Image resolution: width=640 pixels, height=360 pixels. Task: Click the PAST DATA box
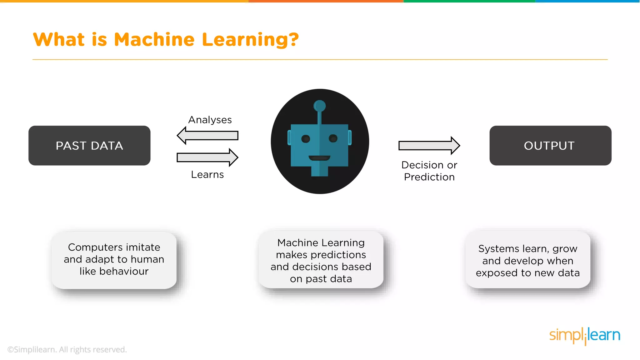pyautogui.click(x=89, y=146)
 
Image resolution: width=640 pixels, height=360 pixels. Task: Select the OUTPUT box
pyautogui.click(x=550, y=146)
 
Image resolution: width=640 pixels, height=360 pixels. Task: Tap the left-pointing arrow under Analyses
pyautogui.click(x=207, y=136)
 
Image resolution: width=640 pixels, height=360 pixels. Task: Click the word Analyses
pyautogui.click(x=210, y=120)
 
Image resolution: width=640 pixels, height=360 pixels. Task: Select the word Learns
pyautogui.click(x=207, y=174)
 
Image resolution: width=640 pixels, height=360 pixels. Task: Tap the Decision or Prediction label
pyautogui.click(x=429, y=171)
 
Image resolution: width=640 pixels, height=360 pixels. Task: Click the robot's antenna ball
pyautogui.click(x=319, y=106)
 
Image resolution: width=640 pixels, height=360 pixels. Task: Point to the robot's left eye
pyautogui.click(x=306, y=139)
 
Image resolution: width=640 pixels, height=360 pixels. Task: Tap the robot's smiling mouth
pyautogui.click(x=319, y=158)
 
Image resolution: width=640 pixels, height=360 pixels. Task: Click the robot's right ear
pyautogui.click(x=350, y=137)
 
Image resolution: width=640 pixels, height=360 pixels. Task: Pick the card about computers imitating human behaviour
pyautogui.click(x=114, y=259)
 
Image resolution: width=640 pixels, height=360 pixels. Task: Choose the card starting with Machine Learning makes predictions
pyautogui.click(x=321, y=260)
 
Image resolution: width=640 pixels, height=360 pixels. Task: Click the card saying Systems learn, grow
pyautogui.click(x=528, y=260)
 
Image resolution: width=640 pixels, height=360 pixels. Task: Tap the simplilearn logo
pyautogui.click(x=585, y=335)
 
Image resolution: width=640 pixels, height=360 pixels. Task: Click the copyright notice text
pyautogui.click(x=67, y=350)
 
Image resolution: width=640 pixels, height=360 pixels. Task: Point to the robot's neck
pyautogui.click(x=320, y=171)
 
